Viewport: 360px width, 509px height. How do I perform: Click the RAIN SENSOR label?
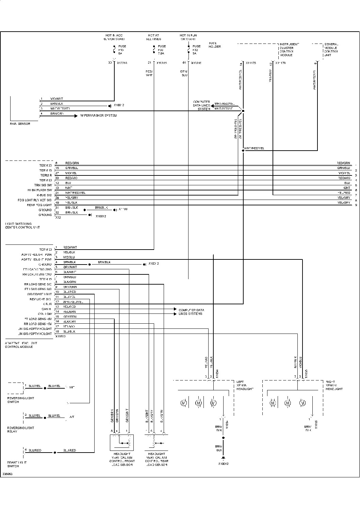[x=20, y=124]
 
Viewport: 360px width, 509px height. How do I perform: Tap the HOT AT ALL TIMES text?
[x=153, y=37]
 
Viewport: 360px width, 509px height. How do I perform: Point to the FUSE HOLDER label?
[x=215, y=45]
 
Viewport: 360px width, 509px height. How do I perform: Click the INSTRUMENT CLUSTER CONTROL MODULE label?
[x=289, y=50]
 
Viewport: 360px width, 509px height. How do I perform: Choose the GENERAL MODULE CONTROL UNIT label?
[x=331, y=50]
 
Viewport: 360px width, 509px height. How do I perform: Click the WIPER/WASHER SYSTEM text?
[x=98, y=116]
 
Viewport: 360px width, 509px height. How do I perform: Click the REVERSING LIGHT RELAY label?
[x=21, y=429]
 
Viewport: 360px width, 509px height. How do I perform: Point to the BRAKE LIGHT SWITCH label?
[x=17, y=464]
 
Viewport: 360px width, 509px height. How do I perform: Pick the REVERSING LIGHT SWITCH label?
[x=21, y=400]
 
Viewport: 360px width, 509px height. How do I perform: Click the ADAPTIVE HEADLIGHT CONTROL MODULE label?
[x=21, y=345]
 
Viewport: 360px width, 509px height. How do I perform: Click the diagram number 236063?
[x=7, y=474]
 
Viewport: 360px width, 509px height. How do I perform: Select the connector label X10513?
[x=60, y=336]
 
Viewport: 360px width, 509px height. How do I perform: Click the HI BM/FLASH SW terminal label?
[x=40, y=190]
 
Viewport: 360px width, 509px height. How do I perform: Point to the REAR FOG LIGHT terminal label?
[x=39, y=205]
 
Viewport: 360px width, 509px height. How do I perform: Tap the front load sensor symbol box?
[x=121, y=442]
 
